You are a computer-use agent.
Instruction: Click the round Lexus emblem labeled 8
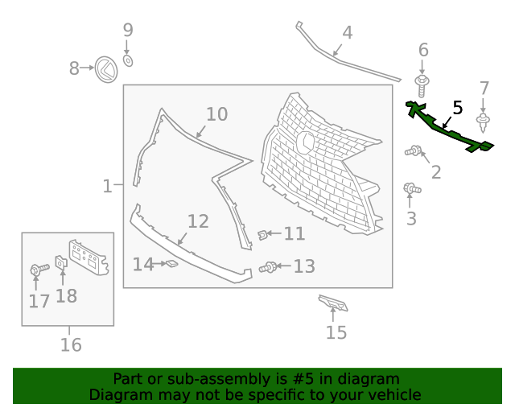[x=105, y=69]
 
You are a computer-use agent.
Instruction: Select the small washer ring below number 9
[x=129, y=60]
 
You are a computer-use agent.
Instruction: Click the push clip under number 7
[x=484, y=123]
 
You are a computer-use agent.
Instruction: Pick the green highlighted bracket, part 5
[x=447, y=130]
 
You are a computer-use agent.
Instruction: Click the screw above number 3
[x=411, y=189]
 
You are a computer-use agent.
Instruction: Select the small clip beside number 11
[x=262, y=234]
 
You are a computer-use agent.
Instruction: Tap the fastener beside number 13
[x=268, y=267]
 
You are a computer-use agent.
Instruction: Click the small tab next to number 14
[x=170, y=263]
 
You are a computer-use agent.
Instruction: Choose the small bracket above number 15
[x=332, y=303]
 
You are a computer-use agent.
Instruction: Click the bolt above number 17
[x=35, y=270]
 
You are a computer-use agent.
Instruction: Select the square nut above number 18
[x=60, y=262]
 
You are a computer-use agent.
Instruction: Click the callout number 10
[x=216, y=114]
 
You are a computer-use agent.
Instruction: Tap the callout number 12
[x=198, y=221]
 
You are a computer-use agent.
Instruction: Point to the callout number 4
[x=348, y=33]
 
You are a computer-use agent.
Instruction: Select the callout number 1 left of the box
[x=107, y=186]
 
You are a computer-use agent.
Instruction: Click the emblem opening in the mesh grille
[x=306, y=142]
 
